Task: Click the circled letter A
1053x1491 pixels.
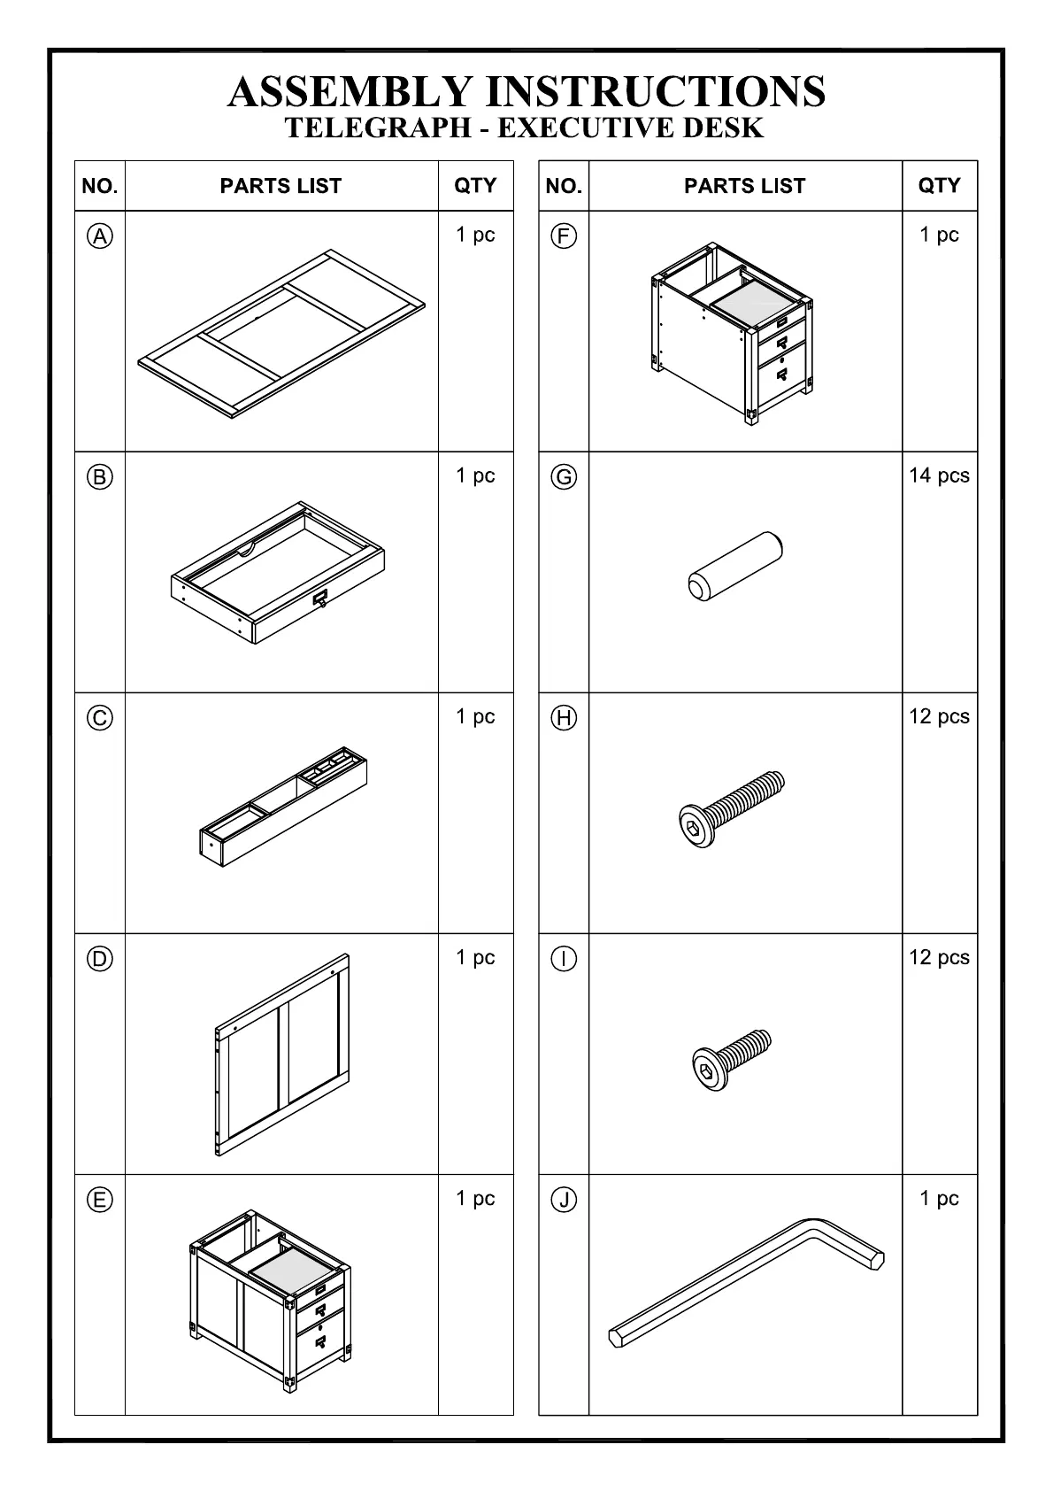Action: tap(100, 236)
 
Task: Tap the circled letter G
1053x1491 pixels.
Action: tap(564, 477)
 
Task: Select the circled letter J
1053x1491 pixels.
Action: tap(564, 1200)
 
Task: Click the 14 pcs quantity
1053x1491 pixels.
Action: tap(939, 475)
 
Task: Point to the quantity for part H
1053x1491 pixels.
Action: tap(939, 716)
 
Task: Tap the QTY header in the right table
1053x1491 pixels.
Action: tap(939, 186)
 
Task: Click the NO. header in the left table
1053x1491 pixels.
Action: tap(100, 186)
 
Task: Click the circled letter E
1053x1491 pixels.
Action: tap(100, 1200)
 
